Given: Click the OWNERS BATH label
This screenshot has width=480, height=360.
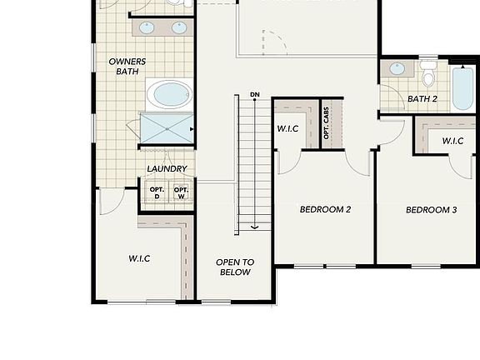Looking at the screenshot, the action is click(x=127, y=67).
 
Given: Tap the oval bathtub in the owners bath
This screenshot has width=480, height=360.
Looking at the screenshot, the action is click(x=170, y=95).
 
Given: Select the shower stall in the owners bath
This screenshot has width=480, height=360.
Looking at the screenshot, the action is click(x=167, y=129).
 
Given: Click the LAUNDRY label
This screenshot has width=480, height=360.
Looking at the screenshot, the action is click(x=167, y=168).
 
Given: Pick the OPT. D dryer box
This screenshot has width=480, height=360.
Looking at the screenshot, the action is click(x=157, y=192).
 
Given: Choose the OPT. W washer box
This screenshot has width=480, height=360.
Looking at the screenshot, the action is click(x=181, y=192).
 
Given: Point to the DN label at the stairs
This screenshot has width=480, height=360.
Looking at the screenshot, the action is click(x=255, y=95).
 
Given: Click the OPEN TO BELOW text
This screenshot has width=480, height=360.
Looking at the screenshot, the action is click(x=235, y=267).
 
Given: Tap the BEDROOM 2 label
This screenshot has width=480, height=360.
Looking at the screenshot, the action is click(x=325, y=209).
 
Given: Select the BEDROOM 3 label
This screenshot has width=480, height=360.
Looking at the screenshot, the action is click(x=432, y=210).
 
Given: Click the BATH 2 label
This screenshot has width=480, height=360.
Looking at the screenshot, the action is click(x=422, y=99).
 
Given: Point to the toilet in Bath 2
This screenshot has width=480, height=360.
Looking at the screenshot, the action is click(x=428, y=73).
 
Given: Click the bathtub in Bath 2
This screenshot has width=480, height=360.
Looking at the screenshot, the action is click(x=462, y=88).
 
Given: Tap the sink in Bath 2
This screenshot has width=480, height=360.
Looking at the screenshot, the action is click(x=397, y=68).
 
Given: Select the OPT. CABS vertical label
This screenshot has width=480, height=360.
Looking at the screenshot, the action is click(x=326, y=123).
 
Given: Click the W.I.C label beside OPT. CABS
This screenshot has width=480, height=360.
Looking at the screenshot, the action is click(x=287, y=128).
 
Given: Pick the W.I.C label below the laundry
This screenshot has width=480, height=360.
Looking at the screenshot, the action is click(x=139, y=258).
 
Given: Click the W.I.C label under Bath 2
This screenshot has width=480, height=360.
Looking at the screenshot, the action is click(x=452, y=141).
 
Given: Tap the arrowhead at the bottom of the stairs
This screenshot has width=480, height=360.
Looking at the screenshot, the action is click(x=255, y=227).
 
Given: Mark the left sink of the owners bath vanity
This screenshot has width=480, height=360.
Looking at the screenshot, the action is click(x=147, y=27).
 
